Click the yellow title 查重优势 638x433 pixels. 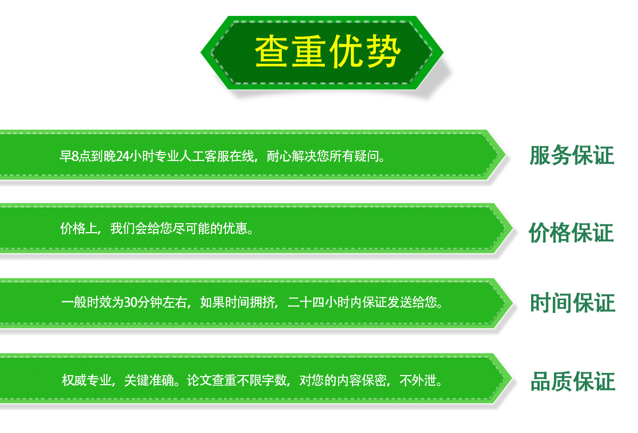[x=328, y=52]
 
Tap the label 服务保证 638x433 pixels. [x=572, y=156]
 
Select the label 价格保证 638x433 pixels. [x=572, y=233]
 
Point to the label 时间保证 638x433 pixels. [x=573, y=303]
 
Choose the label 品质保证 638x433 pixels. [x=573, y=381]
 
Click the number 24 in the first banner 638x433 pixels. [x=123, y=156]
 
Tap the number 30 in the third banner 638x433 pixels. [x=131, y=303]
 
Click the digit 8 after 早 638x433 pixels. [x=75, y=156]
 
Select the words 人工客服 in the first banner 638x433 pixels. [x=205, y=156]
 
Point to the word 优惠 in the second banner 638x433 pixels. [x=235, y=228]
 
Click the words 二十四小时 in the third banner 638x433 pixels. [x=318, y=302]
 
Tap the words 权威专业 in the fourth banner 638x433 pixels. [x=87, y=380]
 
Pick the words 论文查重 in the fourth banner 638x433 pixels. [x=212, y=380]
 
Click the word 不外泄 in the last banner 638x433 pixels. [x=418, y=380]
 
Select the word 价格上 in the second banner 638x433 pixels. [x=79, y=228]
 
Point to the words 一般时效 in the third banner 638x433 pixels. [x=87, y=302]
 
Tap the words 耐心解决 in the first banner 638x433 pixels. [x=292, y=156]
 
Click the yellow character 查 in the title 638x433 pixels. [x=271, y=52]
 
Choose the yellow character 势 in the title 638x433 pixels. [x=384, y=52]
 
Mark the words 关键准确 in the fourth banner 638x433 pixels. [x=149, y=380]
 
